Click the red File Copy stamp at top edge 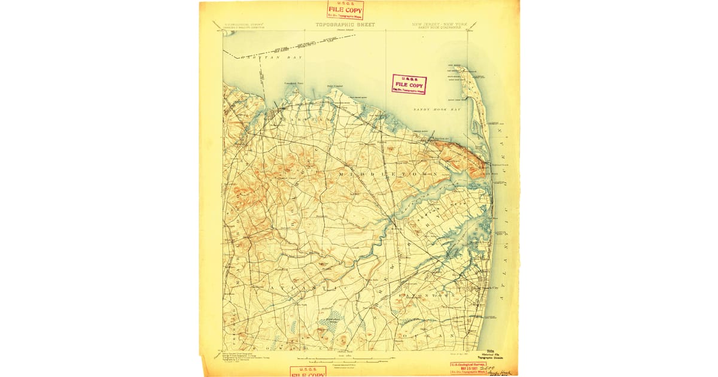point(345,10)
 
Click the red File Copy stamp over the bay point(409,84)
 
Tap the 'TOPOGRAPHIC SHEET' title point(345,25)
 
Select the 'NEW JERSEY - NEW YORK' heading point(439,25)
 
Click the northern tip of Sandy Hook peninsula point(459,67)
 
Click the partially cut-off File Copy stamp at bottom point(308,372)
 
